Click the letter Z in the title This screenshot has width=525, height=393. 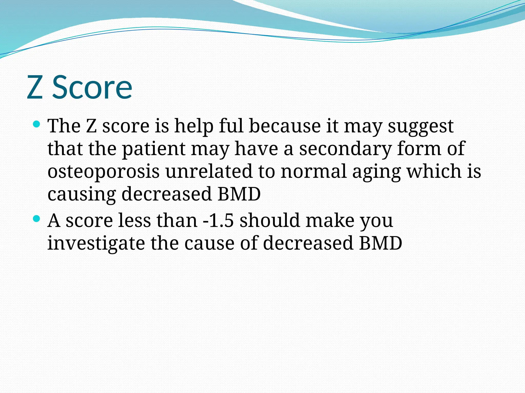(x=35, y=87)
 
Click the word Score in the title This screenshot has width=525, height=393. (x=92, y=87)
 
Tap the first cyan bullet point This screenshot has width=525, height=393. (x=37, y=125)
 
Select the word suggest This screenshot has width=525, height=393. (x=421, y=127)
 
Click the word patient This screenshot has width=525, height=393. (x=154, y=149)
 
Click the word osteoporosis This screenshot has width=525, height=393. (x=104, y=172)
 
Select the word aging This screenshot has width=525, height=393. (x=377, y=172)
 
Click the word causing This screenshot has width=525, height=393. (x=82, y=195)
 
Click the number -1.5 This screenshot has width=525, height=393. (x=218, y=221)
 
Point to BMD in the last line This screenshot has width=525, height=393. (x=380, y=243)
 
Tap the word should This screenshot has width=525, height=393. (x=269, y=221)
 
